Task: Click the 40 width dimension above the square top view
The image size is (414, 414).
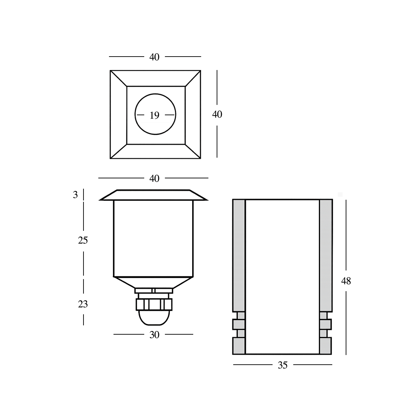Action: [x=154, y=57]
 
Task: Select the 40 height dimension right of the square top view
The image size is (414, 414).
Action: [x=217, y=114]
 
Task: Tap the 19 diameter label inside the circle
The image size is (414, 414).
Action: [x=155, y=116]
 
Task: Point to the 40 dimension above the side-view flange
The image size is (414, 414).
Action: [x=154, y=178]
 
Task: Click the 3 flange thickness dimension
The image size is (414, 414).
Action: [x=76, y=195]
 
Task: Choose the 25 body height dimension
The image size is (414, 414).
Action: [x=83, y=240]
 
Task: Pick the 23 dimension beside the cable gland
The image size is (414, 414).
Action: [x=83, y=304]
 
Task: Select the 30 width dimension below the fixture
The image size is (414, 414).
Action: [x=154, y=335]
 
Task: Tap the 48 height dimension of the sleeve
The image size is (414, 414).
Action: [x=346, y=281]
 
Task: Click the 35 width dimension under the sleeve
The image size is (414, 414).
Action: [x=282, y=365]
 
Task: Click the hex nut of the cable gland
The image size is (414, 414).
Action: [x=154, y=304]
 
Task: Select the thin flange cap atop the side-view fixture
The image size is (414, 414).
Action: [x=154, y=195]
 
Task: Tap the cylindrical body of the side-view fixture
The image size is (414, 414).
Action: [x=154, y=238]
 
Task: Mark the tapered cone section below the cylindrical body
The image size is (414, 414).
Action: [x=154, y=282]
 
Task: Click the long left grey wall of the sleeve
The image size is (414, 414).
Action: [x=239, y=255]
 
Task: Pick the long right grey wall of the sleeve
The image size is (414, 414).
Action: [x=326, y=255]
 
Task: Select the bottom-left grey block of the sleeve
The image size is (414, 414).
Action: [x=239, y=346]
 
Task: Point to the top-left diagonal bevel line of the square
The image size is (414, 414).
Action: [x=119, y=78]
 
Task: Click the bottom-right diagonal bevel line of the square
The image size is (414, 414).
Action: [x=193, y=151]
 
